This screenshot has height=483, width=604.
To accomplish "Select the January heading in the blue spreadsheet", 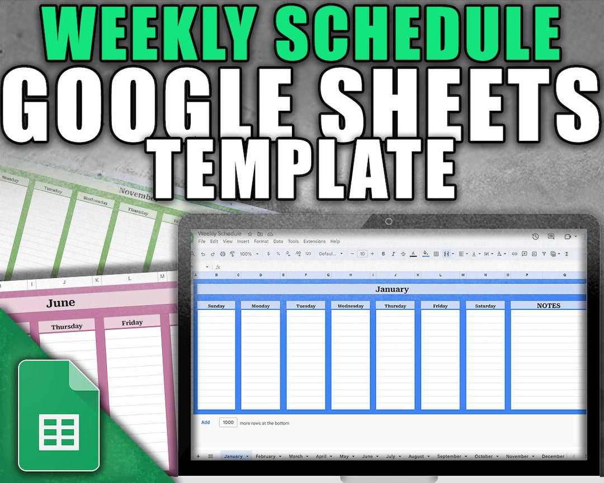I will (391, 290).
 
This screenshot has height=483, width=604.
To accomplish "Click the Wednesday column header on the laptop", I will (351, 306).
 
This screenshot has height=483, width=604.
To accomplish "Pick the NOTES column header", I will (548, 306).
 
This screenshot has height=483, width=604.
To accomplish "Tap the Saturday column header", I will (485, 306).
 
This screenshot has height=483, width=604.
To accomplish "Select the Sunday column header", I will (216, 306).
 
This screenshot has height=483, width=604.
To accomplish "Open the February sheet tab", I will (266, 456).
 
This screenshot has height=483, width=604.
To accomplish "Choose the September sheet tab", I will (449, 456).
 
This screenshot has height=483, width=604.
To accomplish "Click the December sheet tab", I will (553, 456).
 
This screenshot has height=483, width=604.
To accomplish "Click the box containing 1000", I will (228, 423).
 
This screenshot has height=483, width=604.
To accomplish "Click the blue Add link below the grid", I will (205, 423).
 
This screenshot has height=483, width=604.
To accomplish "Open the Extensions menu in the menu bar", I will (314, 241).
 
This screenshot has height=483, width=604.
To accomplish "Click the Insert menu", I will (243, 241).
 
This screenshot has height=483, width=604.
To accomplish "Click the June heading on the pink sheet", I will (60, 303).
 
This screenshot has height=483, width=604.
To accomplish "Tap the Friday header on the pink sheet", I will (132, 323).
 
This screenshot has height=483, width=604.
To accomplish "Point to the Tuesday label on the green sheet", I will (54, 191).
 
